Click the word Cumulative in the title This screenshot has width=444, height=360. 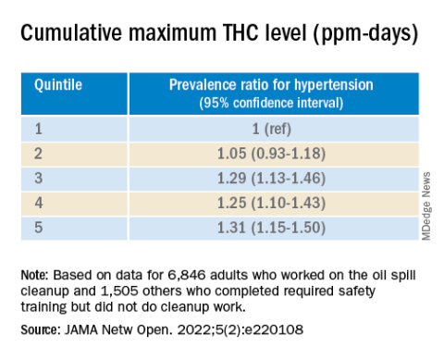[x=71, y=32]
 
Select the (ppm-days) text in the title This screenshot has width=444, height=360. [x=365, y=34]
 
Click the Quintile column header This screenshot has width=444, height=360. [x=58, y=85]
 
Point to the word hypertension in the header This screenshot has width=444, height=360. [x=334, y=85]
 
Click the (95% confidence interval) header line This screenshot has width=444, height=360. [x=271, y=103]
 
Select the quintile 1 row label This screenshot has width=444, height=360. [x=38, y=129]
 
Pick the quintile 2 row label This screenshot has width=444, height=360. [x=38, y=154]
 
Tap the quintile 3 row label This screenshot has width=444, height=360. [x=38, y=179]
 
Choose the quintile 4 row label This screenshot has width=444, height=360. [x=39, y=203]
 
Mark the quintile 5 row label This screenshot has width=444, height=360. [x=38, y=228]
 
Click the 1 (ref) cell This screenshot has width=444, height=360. [x=272, y=129]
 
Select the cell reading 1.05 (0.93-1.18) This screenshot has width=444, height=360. [x=271, y=154]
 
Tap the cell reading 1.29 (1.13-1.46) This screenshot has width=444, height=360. [x=271, y=179]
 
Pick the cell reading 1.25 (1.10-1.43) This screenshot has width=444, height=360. [x=271, y=203]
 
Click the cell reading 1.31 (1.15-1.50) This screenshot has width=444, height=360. [x=271, y=228]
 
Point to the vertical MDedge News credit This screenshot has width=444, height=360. [x=426, y=206]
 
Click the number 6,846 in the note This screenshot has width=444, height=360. [x=187, y=275]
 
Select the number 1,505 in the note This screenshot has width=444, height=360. [x=120, y=291]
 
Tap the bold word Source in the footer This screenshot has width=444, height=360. [x=39, y=329]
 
